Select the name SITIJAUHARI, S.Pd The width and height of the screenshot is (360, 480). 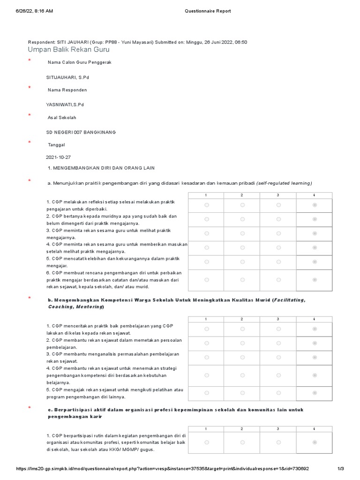click(67, 77)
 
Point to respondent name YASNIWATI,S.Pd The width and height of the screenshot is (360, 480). click(65, 105)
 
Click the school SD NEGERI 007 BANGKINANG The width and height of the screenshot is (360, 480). click(81, 132)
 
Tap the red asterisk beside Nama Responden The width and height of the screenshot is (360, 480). click(30, 88)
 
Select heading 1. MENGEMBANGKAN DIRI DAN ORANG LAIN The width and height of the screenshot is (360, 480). click(101, 168)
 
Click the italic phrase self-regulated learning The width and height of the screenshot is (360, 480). click(284, 183)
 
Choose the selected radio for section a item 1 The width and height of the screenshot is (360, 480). click(315, 205)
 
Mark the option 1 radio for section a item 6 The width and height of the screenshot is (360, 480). click(207, 279)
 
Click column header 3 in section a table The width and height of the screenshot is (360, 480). click(278, 195)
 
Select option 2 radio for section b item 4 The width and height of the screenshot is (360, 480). click(242, 374)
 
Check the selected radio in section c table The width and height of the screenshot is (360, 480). click(315, 442)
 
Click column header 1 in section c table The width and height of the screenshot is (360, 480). click(207, 429)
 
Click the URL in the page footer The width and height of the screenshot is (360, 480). click(162, 469)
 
